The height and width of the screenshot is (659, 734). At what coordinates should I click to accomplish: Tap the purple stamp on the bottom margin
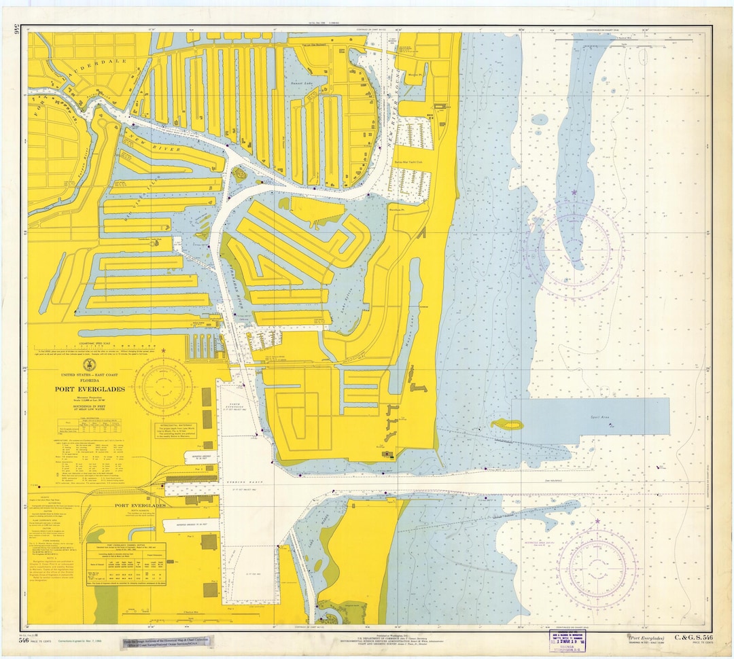[x=570, y=640]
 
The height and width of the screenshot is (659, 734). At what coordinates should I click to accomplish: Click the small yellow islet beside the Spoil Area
[x=508, y=425]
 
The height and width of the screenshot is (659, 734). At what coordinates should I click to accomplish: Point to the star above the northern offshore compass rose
[x=574, y=193]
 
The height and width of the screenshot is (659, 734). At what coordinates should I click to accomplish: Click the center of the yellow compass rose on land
[x=162, y=386]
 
